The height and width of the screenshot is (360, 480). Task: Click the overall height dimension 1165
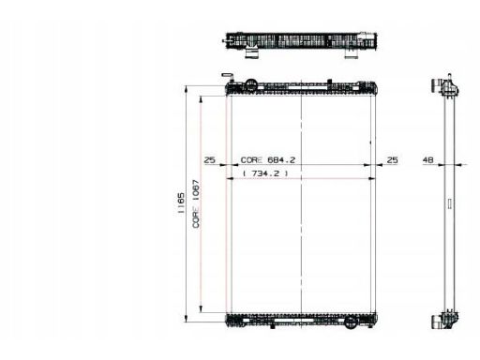[x=181, y=203]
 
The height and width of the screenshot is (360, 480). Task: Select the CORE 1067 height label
[x=196, y=203]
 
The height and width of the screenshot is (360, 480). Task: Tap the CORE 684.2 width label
[x=268, y=160]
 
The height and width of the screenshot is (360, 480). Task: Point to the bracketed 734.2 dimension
[x=265, y=173]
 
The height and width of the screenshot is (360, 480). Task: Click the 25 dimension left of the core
[x=210, y=160]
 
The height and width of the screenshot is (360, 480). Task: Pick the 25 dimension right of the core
[x=392, y=160]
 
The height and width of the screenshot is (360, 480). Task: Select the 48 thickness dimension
[x=427, y=160]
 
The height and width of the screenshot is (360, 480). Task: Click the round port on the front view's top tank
[x=250, y=84]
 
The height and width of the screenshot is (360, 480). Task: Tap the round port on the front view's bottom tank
[x=351, y=322]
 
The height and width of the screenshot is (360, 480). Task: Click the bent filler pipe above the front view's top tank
[x=228, y=77]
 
